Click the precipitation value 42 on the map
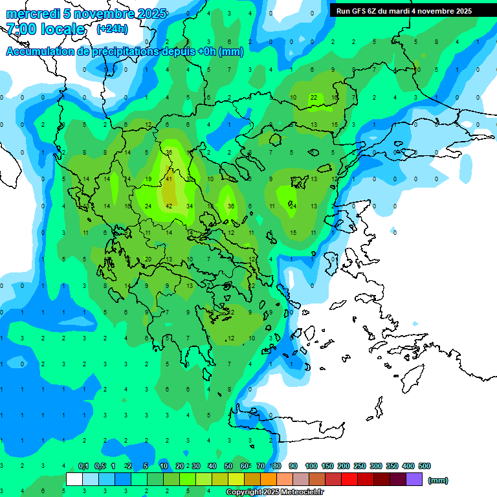[169, 206]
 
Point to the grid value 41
[169, 179]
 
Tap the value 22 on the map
[314, 98]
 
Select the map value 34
[190, 206]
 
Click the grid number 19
[148, 179]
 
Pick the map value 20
[148, 259]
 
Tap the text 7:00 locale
[45, 29]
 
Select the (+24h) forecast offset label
[112, 29]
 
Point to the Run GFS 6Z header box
[404, 11]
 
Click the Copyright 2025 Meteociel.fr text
[274, 492]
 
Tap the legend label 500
[425, 466]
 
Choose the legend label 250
[360, 466]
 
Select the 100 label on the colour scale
[311, 466]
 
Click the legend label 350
[392, 466]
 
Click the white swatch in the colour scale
[74, 480]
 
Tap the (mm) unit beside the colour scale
[438, 480]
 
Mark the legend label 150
[327, 466]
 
